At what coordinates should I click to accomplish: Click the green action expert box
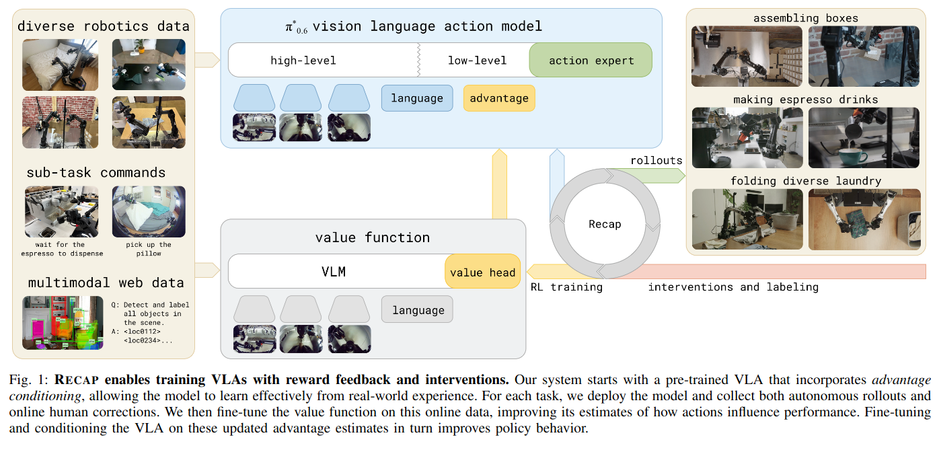(x=591, y=61)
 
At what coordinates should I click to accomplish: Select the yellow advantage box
(x=499, y=98)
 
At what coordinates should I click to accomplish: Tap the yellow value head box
(x=482, y=272)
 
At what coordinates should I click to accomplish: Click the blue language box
(x=417, y=98)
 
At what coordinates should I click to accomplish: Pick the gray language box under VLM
(x=417, y=310)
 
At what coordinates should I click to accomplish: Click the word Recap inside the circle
(x=605, y=224)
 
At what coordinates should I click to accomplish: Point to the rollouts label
(x=656, y=161)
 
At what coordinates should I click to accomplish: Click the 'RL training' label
(x=567, y=287)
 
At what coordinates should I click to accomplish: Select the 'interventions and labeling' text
(x=733, y=287)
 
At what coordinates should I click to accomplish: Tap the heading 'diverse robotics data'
(x=103, y=27)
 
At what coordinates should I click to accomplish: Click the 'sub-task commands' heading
(x=96, y=173)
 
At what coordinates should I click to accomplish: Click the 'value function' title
(x=372, y=237)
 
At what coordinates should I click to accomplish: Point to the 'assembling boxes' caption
(x=806, y=18)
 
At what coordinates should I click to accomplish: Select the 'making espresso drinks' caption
(x=806, y=100)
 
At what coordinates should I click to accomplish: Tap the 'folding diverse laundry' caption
(x=806, y=181)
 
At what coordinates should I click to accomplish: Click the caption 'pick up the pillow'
(x=149, y=249)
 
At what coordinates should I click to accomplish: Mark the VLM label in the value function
(x=334, y=272)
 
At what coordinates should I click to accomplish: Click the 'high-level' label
(x=303, y=61)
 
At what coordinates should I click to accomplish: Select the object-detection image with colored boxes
(x=63, y=322)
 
